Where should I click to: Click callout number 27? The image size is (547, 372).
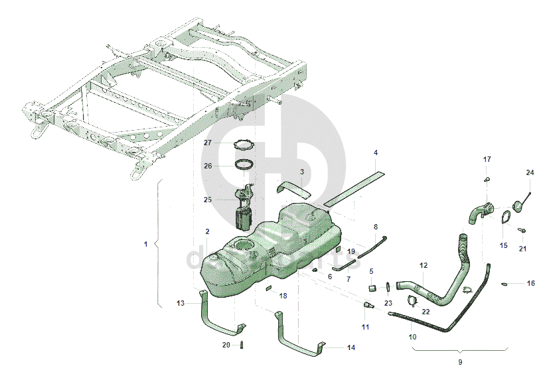click(x=207, y=143)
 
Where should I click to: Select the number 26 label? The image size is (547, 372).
click(x=207, y=166)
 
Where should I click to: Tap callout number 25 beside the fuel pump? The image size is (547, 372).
click(x=207, y=199)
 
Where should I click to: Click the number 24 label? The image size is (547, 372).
click(x=530, y=172)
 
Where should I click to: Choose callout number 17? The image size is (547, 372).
click(x=487, y=159)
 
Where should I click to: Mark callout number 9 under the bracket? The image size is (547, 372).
click(x=459, y=362)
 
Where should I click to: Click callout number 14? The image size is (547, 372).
click(x=351, y=347)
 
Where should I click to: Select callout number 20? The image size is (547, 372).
click(x=226, y=345)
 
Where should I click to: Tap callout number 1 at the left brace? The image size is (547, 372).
click(x=146, y=244)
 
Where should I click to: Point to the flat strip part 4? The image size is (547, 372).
click(x=354, y=187)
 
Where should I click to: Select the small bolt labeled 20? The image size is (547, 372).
click(x=243, y=344)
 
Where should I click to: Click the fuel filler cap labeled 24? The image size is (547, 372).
click(x=518, y=203)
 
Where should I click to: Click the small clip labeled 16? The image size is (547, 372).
click(x=506, y=284)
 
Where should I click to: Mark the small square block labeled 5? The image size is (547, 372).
click(x=372, y=288)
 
